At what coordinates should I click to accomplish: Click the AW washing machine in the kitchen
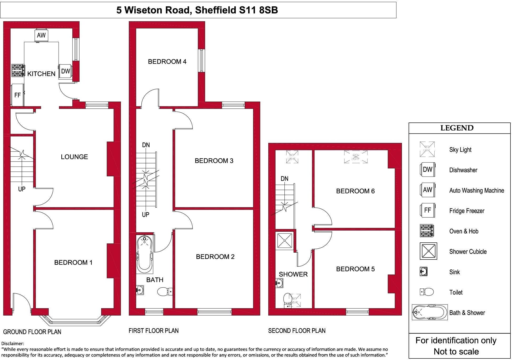[41, 35]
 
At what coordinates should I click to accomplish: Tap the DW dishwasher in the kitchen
[65, 71]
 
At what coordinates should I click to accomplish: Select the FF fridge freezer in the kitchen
[17, 95]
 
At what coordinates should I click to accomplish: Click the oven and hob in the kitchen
[17, 71]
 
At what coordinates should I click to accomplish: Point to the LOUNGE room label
[74, 157]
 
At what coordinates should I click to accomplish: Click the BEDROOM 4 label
[167, 62]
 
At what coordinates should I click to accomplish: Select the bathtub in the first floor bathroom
[144, 254]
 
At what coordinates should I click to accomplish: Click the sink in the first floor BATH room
[140, 290]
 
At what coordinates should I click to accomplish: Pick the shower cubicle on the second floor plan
[284, 240]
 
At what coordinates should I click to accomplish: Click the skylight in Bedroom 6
[356, 157]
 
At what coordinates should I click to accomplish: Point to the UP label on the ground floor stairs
[22, 189]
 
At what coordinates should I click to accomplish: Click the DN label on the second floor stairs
[284, 179]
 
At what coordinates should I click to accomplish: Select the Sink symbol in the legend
[424, 272]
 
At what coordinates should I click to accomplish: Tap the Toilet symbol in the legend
[427, 292]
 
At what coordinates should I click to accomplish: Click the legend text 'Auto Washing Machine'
[476, 191]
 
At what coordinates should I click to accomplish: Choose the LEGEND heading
[457, 128]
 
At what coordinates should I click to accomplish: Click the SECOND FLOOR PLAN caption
[297, 331]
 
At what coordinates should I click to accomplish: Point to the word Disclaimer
[13, 343]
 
